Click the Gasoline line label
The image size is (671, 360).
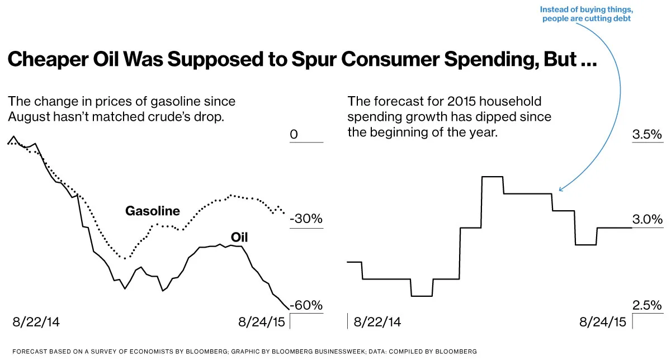[x=153, y=211]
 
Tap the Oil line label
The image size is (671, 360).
[x=239, y=238]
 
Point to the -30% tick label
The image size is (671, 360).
[x=306, y=219]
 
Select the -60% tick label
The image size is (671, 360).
[x=306, y=305]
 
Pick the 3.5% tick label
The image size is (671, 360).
[x=647, y=135]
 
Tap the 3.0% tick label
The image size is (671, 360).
[x=647, y=219]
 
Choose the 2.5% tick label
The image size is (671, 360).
[x=647, y=305]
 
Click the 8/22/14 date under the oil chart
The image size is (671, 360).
[x=36, y=322]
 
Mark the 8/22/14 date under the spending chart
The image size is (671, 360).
[x=377, y=322]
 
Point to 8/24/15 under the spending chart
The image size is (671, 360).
[x=603, y=322]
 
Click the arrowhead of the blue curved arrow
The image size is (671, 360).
[x=560, y=190]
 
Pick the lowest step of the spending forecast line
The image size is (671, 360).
[x=422, y=296]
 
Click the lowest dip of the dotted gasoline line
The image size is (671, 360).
[x=126, y=258]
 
